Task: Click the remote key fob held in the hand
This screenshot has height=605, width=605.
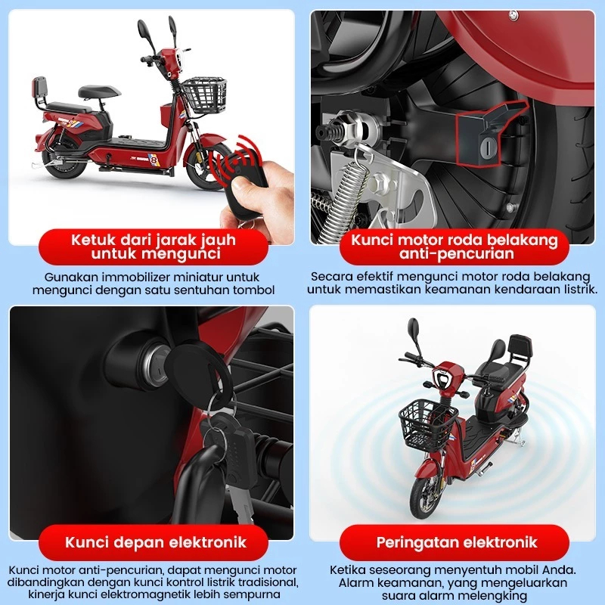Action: coord(242,181)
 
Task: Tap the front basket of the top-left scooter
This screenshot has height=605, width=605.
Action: coord(204,95)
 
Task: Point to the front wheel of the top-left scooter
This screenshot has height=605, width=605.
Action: coord(205,166)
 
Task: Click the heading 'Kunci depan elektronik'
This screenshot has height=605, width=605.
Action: coord(156,542)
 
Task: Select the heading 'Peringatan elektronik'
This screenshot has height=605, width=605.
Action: coord(457,542)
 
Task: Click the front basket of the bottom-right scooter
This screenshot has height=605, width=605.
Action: coord(428,425)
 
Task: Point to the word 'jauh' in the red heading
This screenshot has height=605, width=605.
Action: coord(219,240)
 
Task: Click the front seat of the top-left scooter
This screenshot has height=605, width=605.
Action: coord(99,92)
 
